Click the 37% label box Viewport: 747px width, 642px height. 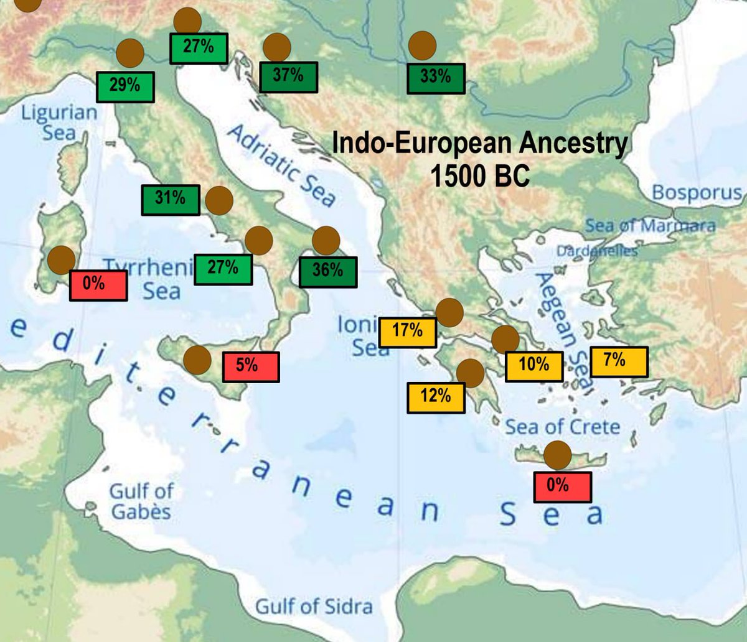click(x=288, y=77)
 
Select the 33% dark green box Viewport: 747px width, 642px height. click(x=436, y=78)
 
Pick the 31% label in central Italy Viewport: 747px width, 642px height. click(x=171, y=200)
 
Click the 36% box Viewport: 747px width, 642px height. click(x=328, y=272)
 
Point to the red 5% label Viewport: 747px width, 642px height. click(x=251, y=366)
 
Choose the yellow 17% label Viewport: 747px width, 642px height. click(x=408, y=332)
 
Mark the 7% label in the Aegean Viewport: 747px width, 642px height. click(x=619, y=361)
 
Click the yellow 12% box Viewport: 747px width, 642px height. click(x=436, y=397)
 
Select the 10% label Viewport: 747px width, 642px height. click(x=534, y=366)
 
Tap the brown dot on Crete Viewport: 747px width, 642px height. click(x=557, y=455)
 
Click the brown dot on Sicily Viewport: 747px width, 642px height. click(x=197, y=360)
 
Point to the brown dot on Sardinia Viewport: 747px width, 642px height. click(x=61, y=260)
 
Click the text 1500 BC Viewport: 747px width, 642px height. click(x=480, y=176)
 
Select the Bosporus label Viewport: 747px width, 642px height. click(x=697, y=193)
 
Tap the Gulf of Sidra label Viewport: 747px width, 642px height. click(x=314, y=605)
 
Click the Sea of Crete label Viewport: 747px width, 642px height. click(x=562, y=427)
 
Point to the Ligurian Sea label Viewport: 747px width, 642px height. click(x=60, y=122)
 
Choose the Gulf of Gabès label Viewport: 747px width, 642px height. click(x=141, y=501)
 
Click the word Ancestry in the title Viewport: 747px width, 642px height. click(x=561, y=143)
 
